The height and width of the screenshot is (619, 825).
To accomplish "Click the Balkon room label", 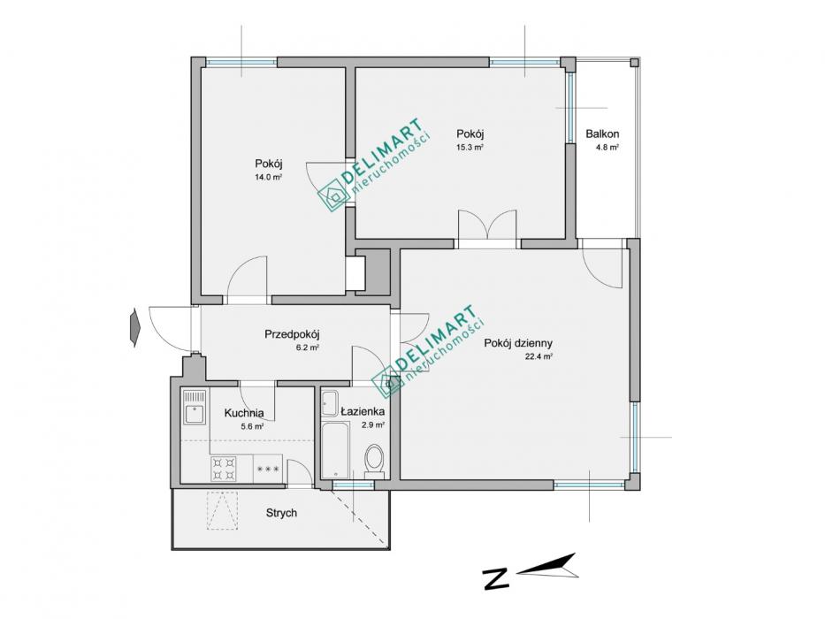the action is (x=602, y=134).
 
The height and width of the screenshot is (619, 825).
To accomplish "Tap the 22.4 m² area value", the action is (x=539, y=356).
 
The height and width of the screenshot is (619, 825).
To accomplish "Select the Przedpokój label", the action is (x=292, y=334).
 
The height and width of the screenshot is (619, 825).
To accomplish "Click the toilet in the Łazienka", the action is (x=375, y=460).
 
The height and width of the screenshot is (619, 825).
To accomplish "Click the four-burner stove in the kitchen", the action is (x=223, y=469).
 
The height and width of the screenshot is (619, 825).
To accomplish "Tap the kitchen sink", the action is (x=195, y=407).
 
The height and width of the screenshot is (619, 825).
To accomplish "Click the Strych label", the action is (x=281, y=513).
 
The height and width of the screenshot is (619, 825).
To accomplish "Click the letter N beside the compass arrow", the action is (x=496, y=578).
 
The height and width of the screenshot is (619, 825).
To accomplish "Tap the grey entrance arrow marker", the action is (x=134, y=327).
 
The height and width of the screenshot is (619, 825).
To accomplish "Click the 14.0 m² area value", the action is (x=268, y=178).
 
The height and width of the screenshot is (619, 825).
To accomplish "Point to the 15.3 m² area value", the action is (x=470, y=148).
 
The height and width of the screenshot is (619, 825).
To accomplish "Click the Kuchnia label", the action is (x=244, y=413).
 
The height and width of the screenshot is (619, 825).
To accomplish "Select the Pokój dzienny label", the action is (x=518, y=343).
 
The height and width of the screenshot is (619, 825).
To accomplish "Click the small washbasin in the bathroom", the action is (x=330, y=403).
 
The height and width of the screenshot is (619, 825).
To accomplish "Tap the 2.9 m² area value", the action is (x=373, y=425).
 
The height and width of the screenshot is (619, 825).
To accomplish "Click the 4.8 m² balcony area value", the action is (x=607, y=148).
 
